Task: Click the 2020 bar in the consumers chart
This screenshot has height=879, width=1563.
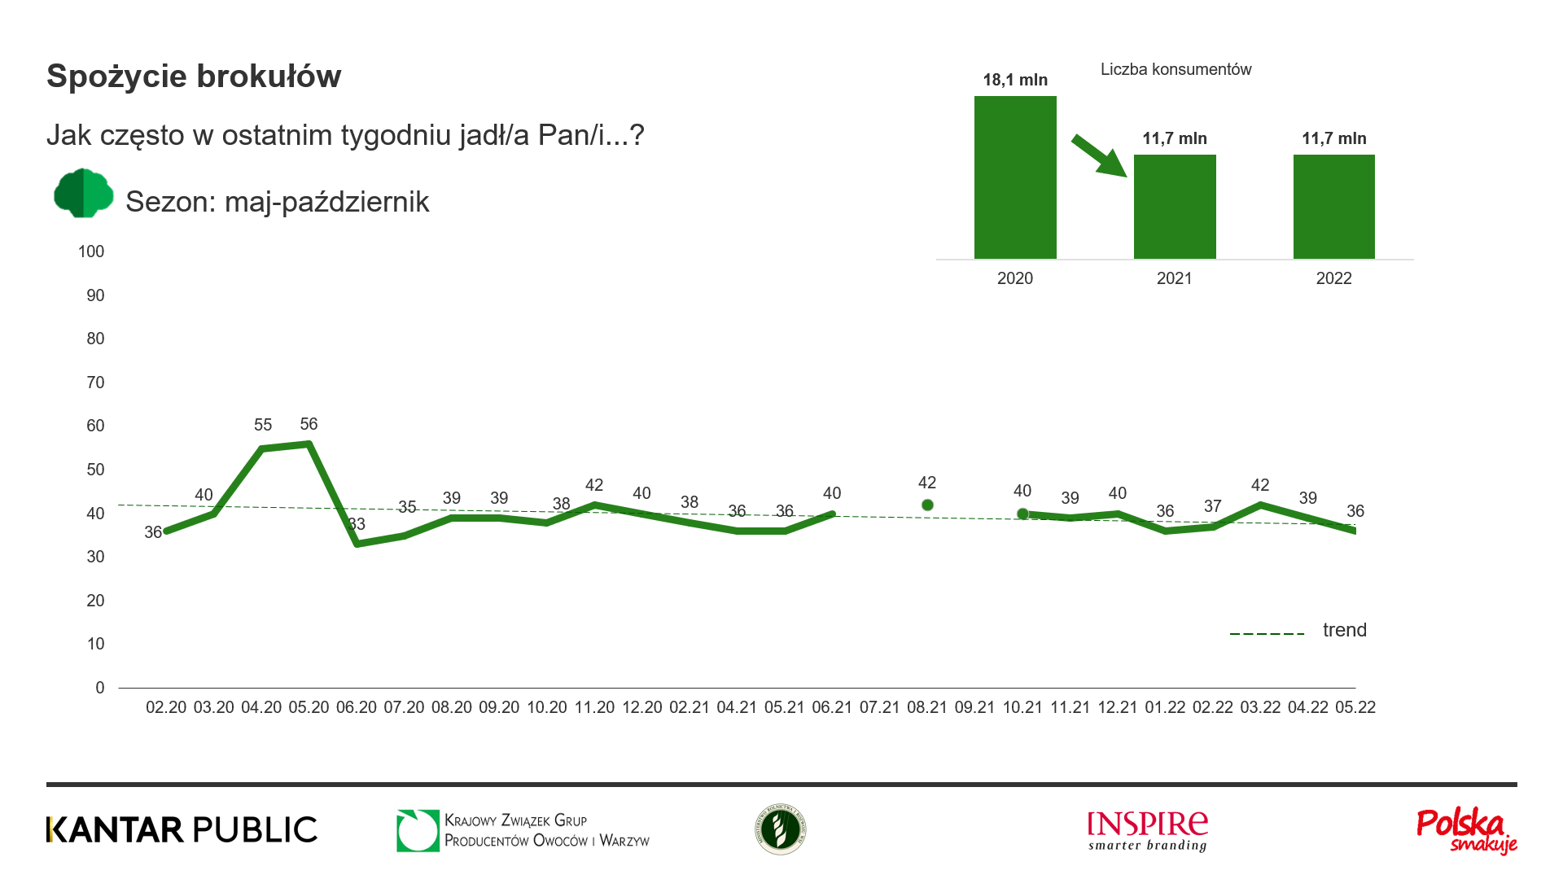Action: point(1015,177)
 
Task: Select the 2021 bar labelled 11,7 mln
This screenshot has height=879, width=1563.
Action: point(1175,207)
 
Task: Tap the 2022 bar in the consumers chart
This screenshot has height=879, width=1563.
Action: point(1334,207)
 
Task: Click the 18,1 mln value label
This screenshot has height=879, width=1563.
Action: point(1015,80)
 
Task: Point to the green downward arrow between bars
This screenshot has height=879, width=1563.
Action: point(1098,155)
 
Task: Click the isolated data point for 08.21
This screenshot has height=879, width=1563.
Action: point(927,505)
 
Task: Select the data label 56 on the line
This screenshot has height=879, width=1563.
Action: point(309,424)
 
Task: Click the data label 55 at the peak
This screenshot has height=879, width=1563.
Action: point(263,425)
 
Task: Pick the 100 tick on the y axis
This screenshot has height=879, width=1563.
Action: point(91,251)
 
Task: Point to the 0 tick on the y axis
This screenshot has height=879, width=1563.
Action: point(100,688)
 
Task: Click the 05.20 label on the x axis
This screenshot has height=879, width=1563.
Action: point(309,707)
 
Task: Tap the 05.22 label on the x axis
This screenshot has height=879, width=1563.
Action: point(1355,707)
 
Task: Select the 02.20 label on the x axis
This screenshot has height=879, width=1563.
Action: point(166,707)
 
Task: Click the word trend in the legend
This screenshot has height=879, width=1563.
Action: point(1345,630)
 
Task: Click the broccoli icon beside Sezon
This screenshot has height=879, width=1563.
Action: point(83,194)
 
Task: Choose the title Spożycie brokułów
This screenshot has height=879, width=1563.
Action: point(194,77)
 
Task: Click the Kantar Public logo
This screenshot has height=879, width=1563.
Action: point(182,829)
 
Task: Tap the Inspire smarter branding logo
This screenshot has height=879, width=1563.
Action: point(1148,830)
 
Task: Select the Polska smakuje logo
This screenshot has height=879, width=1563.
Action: point(1466,831)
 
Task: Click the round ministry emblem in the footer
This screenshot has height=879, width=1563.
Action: point(780,829)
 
